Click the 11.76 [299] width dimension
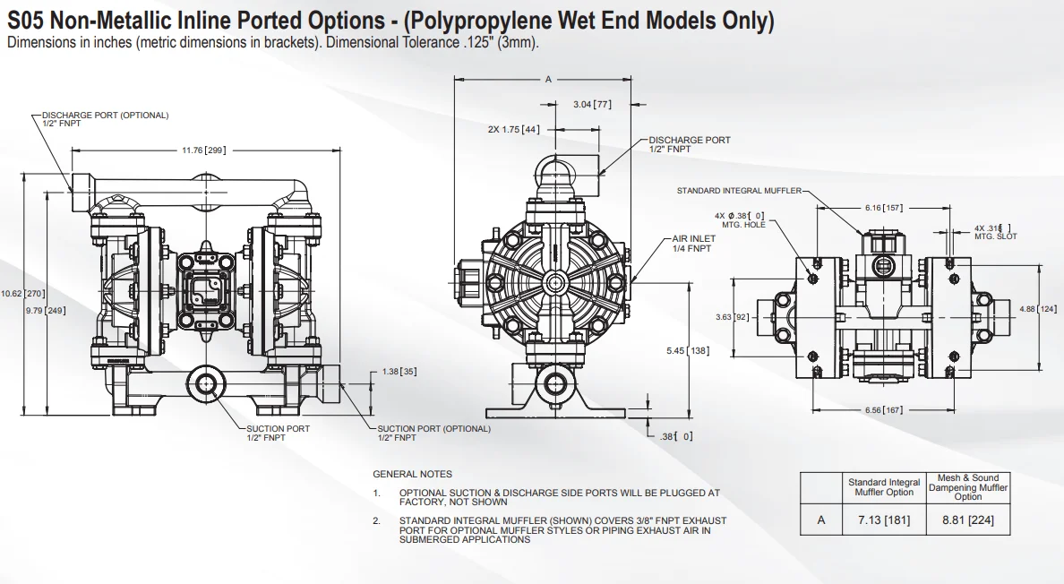pos(203,150)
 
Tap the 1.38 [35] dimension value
pos(399,371)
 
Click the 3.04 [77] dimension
pos(592,105)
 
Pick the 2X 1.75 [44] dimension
pos(513,129)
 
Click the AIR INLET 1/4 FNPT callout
pos(692,244)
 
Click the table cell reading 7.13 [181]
pos(884,520)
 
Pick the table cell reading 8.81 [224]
pos(967,520)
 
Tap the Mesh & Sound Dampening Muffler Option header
pos(967,487)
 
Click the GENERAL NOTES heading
pos(413,474)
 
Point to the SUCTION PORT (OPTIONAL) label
pos(433,429)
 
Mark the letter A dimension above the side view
pos(548,80)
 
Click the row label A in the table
pos(821,520)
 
